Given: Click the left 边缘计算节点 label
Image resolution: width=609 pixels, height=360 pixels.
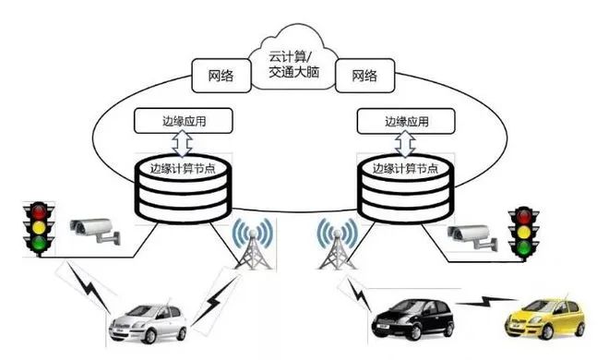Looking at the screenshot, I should [x=180, y=169].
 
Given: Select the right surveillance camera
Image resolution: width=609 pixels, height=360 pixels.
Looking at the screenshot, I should [x=472, y=235].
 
